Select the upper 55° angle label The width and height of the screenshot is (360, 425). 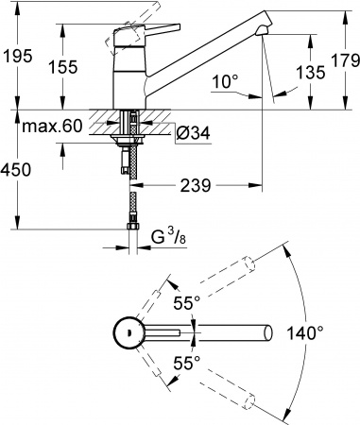[x=184, y=303]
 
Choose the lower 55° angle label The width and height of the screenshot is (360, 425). [x=184, y=363]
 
